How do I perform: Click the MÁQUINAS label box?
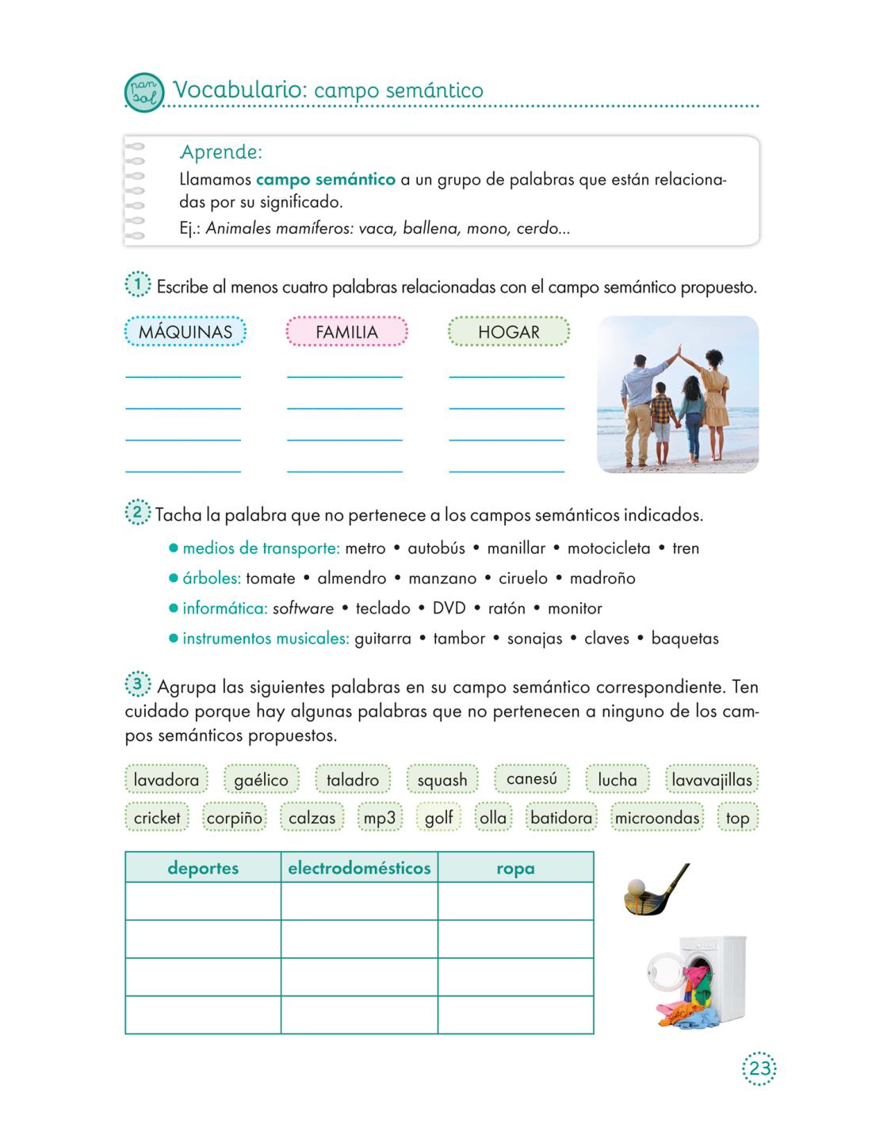(x=185, y=332)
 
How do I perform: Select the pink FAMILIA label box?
(x=346, y=332)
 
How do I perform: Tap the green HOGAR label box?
(x=508, y=332)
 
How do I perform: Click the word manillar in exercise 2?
(x=516, y=548)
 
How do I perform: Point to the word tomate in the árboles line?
(x=270, y=579)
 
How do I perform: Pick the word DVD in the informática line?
(x=449, y=609)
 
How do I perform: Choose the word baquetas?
(x=684, y=639)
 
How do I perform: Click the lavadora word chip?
(x=166, y=780)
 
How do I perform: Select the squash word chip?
(x=442, y=780)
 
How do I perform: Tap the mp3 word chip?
(x=379, y=817)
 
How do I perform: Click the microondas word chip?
(x=657, y=817)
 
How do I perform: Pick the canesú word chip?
(x=531, y=779)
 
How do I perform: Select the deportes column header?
(x=203, y=868)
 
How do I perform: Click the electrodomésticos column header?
(x=359, y=868)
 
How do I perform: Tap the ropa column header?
(x=515, y=868)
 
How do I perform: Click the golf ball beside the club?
(x=636, y=887)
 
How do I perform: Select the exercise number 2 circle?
(x=137, y=513)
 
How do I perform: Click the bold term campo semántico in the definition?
(x=326, y=179)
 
